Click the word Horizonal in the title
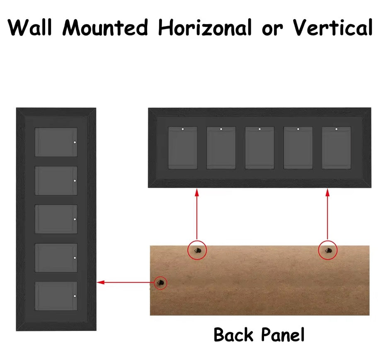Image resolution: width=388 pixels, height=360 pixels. point(205,27)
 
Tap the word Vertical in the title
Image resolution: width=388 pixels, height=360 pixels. point(332,27)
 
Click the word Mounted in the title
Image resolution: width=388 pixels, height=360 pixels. point(105,27)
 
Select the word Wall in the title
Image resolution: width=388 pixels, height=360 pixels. point(30,27)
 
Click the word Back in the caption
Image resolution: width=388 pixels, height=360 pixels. point(234,335)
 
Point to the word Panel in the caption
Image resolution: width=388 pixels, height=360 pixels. point(283,335)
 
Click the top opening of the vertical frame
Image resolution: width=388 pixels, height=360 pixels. point(56,142)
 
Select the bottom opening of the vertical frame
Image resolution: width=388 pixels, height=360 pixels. point(56,296)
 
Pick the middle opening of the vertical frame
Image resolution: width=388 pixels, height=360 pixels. point(56,219)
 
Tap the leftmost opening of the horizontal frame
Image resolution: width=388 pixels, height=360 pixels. point(183,148)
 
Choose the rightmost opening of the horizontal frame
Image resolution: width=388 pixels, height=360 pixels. point(337,148)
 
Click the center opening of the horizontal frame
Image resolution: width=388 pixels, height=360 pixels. point(259,148)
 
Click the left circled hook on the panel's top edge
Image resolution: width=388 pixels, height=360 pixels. point(197,251)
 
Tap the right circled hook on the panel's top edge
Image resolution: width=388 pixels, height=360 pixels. point(328,251)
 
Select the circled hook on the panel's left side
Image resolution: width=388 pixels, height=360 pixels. point(160,282)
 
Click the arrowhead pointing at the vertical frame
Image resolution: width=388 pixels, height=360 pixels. point(100,282)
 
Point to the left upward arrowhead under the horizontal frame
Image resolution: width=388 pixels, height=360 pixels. point(197,192)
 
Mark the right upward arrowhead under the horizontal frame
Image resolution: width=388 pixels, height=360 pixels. point(327,192)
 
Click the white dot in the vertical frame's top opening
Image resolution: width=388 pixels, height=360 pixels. point(75,142)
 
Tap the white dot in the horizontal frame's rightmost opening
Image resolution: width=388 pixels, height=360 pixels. point(336,129)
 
